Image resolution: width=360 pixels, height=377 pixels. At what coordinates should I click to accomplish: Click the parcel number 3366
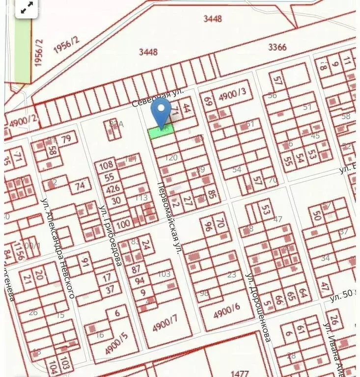point(277,47)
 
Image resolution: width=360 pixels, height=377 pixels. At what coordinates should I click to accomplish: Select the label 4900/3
point(234,97)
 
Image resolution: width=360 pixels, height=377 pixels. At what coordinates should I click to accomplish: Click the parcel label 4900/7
point(164,322)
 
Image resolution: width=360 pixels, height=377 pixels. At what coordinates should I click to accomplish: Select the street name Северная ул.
point(158,98)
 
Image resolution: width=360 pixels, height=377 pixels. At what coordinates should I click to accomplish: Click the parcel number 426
point(113,188)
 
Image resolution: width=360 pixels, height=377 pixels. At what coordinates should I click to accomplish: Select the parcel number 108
point(107,165)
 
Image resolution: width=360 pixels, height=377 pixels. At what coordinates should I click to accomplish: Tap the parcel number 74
point(80,186)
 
